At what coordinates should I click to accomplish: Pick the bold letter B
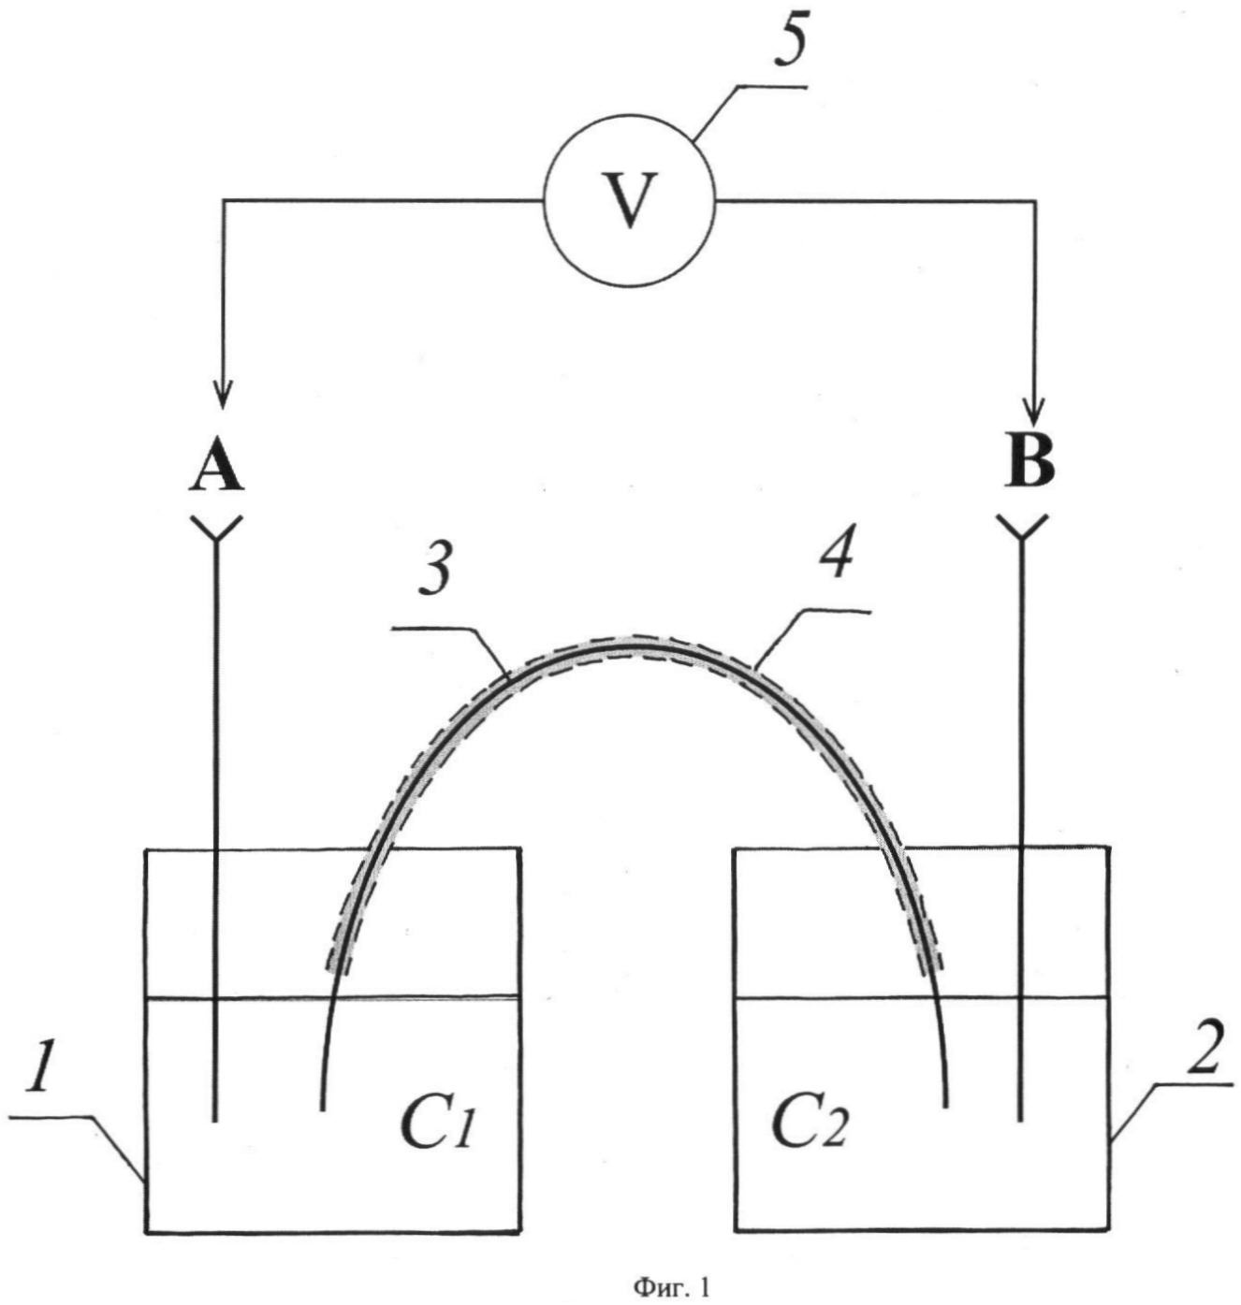click(x=1029, y=460)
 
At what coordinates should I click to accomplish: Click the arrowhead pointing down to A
click(x=223, y=394)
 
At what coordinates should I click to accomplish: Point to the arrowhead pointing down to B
click(x=1034, y=411)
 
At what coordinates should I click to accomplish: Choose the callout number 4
click(x=835, y=558)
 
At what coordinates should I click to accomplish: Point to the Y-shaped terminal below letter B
click(x=1021, y=529)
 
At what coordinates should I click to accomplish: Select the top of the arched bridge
click(x=632, y=645)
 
